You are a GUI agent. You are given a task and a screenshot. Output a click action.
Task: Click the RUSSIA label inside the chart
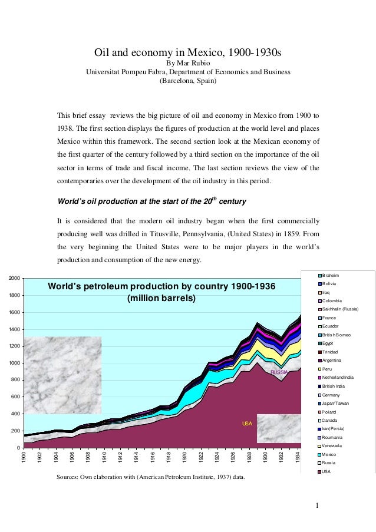(279, 372)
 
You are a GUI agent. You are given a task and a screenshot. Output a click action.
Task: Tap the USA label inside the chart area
(248, 424)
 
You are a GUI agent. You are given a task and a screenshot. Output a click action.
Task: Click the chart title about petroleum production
(161, 292)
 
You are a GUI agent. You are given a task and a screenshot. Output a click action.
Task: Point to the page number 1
(317, 505)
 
